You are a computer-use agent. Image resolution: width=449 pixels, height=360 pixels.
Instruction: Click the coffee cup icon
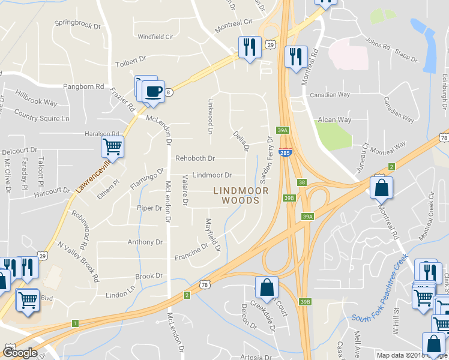[154, 91]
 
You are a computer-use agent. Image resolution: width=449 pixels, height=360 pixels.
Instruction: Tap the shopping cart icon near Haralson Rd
[112, 146]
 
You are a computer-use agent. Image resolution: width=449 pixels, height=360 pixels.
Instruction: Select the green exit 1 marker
[75, 323]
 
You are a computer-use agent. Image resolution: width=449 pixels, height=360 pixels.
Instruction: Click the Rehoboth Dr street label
[194, 158]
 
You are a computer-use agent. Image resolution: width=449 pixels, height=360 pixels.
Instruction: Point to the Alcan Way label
[334, 119]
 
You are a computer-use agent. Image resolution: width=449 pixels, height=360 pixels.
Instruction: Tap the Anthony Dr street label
[145, 242]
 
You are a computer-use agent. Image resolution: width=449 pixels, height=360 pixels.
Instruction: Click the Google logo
[20, 353]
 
